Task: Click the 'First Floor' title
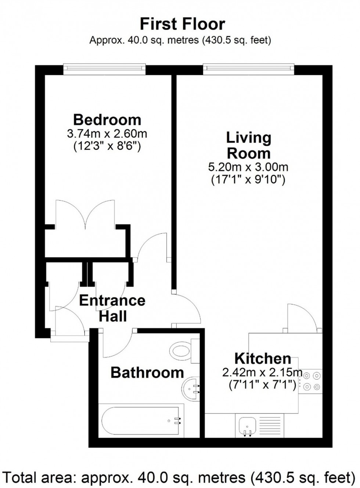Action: (x=182, y=24)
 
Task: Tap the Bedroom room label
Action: (x=107, y=120)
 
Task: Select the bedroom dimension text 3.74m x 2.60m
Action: (x=107, y=133)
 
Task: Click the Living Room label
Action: (x=249, y=145)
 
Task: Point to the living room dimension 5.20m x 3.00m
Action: (x=248, y=168)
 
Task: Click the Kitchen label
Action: (x=263, y=358)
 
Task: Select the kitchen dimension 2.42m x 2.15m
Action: (x=262, y=373)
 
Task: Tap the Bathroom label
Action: (x=147, y=373)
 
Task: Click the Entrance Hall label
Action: (x=112, y=308)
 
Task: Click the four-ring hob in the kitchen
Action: (x=311, y=381)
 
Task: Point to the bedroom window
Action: (x=104, y=68)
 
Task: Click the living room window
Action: (x=249, y=68)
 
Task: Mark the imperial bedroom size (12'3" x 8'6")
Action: (x=107, y=146)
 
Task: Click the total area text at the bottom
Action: (x=180, y=478)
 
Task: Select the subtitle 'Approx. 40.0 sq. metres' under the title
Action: (x=180, y=40)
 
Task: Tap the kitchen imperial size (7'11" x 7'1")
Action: (x=262, y=385)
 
